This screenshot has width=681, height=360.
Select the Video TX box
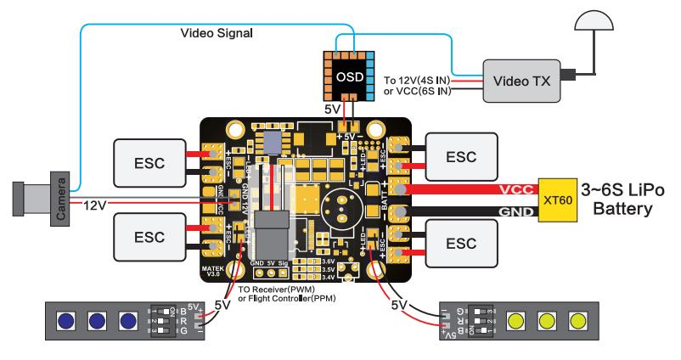[x=517, y=82]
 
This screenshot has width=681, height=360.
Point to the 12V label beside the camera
[x=96, y=205]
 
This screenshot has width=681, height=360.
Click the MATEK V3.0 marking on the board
[x=211, y=272]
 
